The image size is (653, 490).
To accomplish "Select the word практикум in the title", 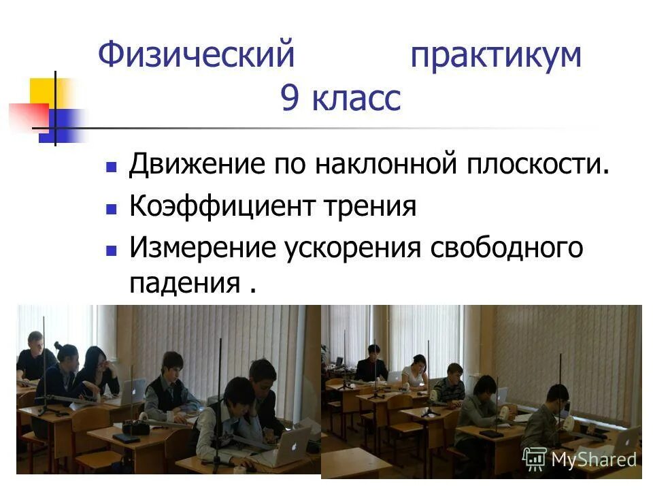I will [x=496, y=55].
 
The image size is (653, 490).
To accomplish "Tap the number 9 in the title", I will [x=288, y=99].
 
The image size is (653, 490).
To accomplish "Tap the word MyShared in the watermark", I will [x=594, y=459].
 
